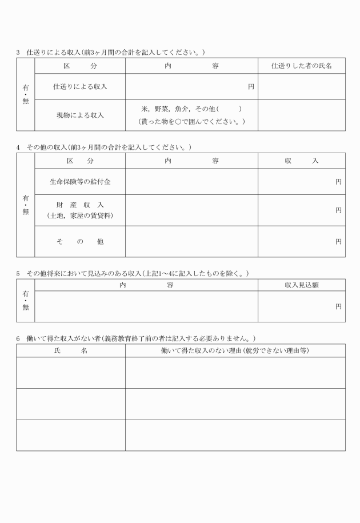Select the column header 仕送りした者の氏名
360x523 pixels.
[301, 66]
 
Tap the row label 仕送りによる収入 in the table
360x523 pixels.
[80, 87]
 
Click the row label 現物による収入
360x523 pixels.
[80, 115]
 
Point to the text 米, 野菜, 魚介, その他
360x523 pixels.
[191, 109]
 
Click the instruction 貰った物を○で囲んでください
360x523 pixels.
[191, 122]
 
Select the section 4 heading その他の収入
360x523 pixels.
[103, 147]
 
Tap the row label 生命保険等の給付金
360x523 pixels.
[80, 182]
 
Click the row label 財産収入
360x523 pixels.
[80, 205]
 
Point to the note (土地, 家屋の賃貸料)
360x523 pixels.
[80, 215]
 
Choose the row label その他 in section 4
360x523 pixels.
[80, 242]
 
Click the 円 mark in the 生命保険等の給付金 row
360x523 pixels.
[338, 182]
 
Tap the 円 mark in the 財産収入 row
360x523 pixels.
[338, 210]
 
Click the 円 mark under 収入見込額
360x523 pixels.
[338, 307]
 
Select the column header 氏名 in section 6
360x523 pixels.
[70, 350]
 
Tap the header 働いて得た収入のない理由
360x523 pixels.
[235, 350]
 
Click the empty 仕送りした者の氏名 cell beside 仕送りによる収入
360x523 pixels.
[301, 87]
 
